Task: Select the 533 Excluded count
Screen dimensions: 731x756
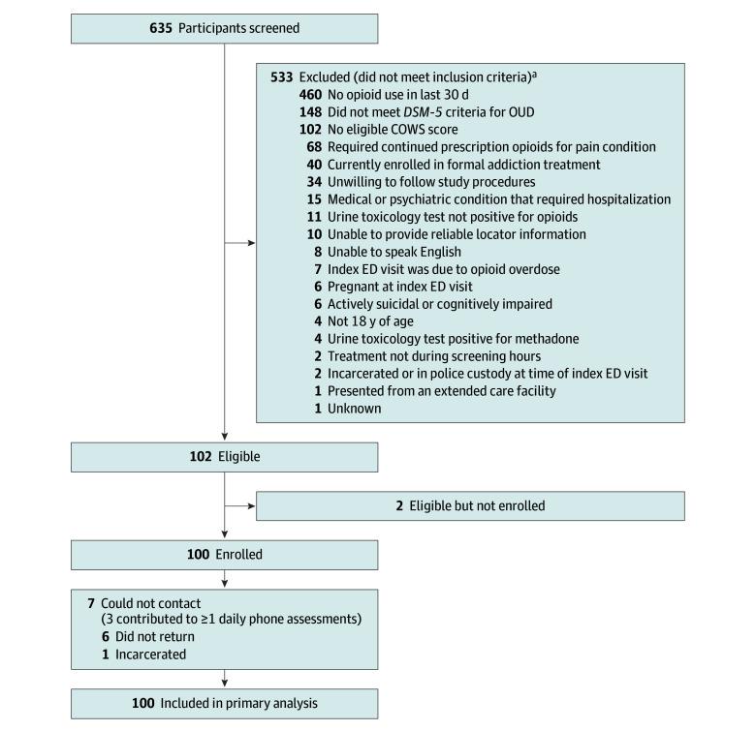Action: pyautogui.click(x=281, y=76)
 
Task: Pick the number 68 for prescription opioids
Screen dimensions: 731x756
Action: pyautogui.click(x=314, y=146)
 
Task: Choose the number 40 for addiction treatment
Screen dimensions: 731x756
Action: pyautogui.click(x=314, y=164)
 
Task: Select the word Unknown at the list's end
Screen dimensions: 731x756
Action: pyautogui.click(x=354, y=409)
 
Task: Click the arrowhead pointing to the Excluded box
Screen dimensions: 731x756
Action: pyautogui.click(x=251, y=243)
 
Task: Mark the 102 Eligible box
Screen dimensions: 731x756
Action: pyautogui.click(x=224, y=456)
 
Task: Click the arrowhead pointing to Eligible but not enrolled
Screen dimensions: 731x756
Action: pyautogui.click(x=251, y=505)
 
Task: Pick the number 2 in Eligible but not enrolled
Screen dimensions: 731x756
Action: pyautogui.click(x=398, y=505)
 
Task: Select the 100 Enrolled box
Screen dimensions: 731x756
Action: pyautogui.click(x=224, y=555)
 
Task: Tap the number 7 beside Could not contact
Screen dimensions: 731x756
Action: pyautogui.click(x=91, y=602)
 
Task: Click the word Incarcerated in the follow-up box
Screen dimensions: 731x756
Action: pyautogui.click(x=142, y=655)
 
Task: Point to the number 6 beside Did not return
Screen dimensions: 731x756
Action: pyautogui.click(x=91, y=637)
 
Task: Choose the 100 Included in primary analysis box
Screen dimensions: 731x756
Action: pyautogui.click(x=224, y=702)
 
